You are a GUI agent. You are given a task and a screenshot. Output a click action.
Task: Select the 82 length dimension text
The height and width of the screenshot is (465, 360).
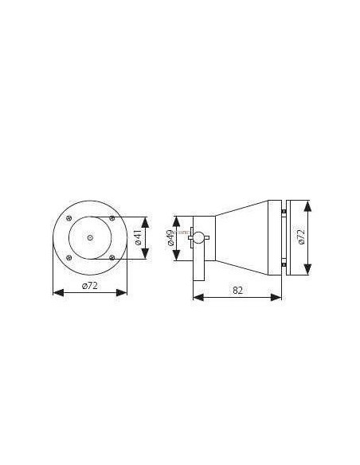click(x=237, y=291)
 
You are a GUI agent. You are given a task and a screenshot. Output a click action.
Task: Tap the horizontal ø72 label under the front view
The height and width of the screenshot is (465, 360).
click(x=89, y=285)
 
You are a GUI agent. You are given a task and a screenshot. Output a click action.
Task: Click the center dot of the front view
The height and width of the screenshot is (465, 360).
click(x=90, y=236)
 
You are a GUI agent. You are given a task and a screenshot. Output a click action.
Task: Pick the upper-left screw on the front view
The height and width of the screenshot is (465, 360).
click(x=70, y=217)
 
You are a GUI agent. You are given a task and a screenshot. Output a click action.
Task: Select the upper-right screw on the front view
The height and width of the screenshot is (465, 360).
click(x=112, y=217)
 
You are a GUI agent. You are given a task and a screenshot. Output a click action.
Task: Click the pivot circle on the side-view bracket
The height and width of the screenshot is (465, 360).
click(x=202, y=236)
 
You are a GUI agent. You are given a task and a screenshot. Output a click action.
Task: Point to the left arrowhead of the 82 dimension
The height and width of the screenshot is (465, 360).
click(x=196, y=298)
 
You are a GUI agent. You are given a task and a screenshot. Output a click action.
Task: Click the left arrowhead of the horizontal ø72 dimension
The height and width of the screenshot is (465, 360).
click(x=55, y=292)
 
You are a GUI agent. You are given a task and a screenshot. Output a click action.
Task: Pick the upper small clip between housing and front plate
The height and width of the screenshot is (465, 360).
click(x=284, y=210)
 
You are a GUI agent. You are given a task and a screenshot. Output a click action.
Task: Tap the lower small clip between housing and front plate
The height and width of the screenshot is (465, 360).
click(x=284, y=264)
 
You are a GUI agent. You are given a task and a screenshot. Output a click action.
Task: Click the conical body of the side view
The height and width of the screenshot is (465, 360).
click(x=243, y=236)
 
